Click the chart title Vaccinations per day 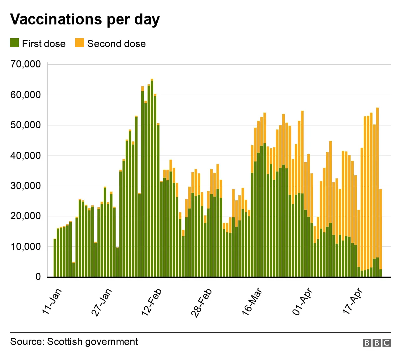(x=85, y=19)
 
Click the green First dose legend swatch (x=14, y=43)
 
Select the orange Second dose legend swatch (x=80, y=43)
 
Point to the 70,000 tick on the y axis (x=26, y=64)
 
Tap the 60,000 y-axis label (x=26, y=95)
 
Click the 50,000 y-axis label (x=26, y=125)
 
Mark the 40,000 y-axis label (x=26, y=156)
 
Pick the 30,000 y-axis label (x=26, y=186)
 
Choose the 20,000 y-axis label (x=26, y=216)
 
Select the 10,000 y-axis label (x=26, y=247)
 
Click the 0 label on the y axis (x=38, y=277)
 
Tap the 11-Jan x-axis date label (x=52, y=301)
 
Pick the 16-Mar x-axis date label (x=252, y=302)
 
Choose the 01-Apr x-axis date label (x=302, y=302)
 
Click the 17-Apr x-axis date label (x=352, y=301)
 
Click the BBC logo (x=377, y=343)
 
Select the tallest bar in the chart (x=152, y=179)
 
